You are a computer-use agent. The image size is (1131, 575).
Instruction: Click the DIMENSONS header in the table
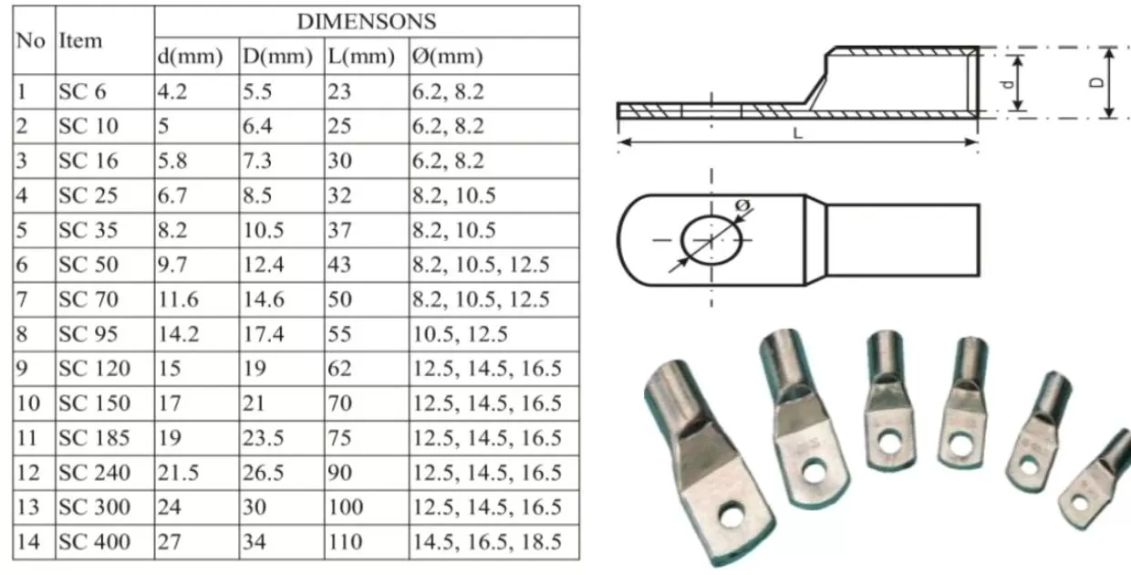[x=367, y=22]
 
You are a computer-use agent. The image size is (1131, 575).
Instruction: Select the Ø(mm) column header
[x=447, y=56]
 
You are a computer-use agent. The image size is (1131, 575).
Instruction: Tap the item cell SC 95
[x=88, y=334]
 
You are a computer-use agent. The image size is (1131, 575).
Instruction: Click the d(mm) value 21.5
[x=178, y=473]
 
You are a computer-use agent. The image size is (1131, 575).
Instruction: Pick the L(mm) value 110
[x=346, y=541]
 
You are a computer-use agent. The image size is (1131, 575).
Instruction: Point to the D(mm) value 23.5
[x=263, y=437]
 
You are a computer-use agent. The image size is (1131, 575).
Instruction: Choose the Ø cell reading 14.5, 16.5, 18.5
[x=487, y=541]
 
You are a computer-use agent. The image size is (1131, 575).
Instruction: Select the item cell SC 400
[x=95, y=541]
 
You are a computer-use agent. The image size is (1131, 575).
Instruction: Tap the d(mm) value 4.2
[x=172, y=91]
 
